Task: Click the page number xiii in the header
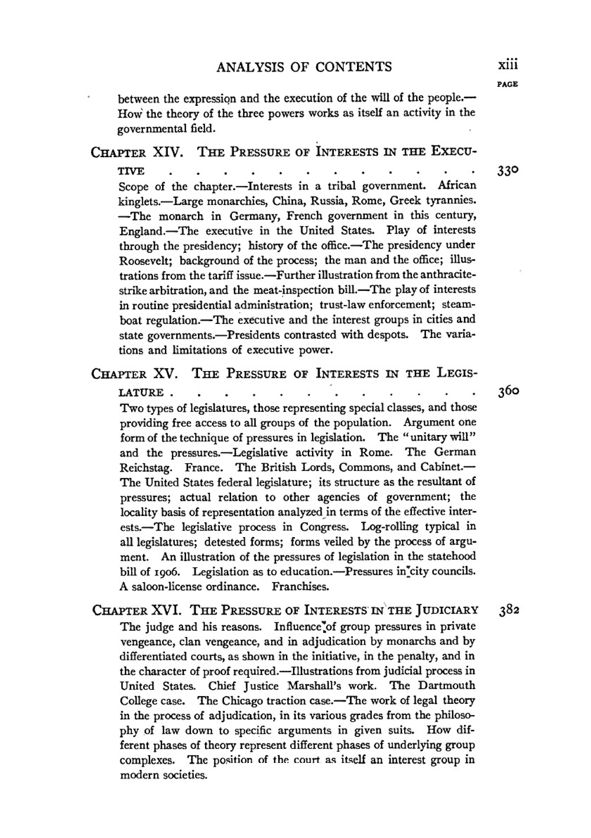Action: pyautogui.click(x=507, y=66)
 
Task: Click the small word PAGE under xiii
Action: pyautogui.click(x=508, y=84)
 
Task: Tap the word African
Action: pyautogui.click(x=456, y=186)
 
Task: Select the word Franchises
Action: pyautogui.click(x=300, y=587)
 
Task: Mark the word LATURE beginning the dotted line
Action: pyautogui.click(x=141, y=392)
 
